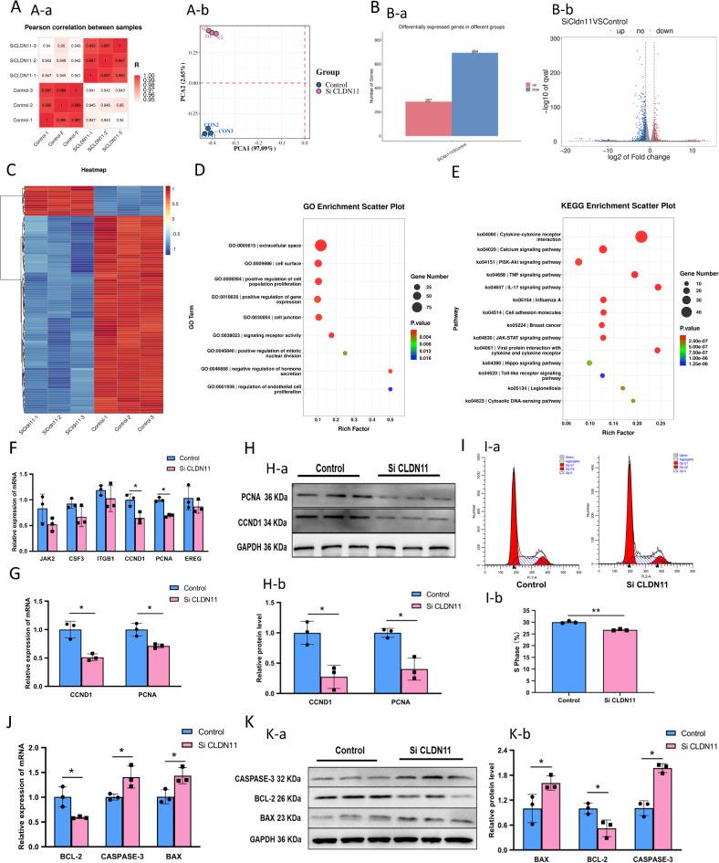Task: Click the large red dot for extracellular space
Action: point(320,245)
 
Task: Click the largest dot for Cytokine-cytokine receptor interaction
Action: point(641,237)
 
